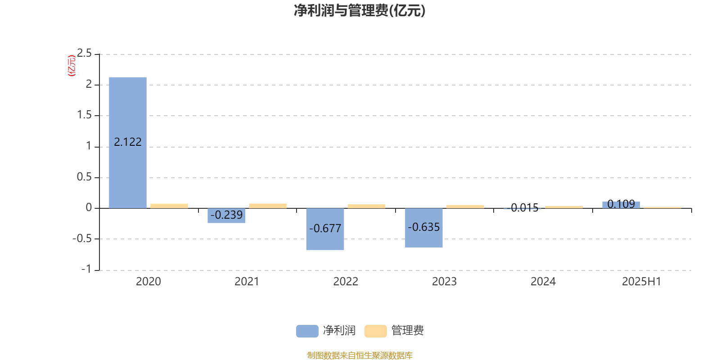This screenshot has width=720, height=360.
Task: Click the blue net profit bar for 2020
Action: [x=128, y=143]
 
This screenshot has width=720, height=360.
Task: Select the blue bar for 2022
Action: [x=325, y=229]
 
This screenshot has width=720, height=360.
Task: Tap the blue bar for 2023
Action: [x=423, y=228]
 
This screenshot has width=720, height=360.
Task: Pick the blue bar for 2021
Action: [x=226, y=216]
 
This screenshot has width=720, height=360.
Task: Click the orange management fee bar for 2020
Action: [x=169, y=206]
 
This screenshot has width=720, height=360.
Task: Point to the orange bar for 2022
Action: [x=366, y=207]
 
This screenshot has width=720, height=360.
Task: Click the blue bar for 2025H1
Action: [x=621, y=205]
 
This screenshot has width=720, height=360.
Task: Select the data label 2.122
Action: [x=128, y=142]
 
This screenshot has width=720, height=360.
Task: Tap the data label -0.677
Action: [x=325, y=229]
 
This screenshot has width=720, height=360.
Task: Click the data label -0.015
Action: [x=522, y=208]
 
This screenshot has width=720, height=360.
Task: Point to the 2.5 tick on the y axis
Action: [x=84, y=54]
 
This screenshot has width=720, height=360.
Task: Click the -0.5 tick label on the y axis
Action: [x=82, y=238]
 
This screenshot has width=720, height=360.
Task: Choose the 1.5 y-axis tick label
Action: [x=84, y=115]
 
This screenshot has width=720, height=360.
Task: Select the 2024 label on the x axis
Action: [x=543, y=282]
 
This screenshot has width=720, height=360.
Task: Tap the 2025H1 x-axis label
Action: [x=642, y=282]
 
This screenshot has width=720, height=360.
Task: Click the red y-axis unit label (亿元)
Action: [x=72, y=66]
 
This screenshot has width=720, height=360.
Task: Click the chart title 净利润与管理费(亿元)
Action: [x=360, y=11]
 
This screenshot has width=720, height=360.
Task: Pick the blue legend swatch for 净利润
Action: [x=307, y=331]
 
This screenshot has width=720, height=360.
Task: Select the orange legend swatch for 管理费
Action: [x=375, y=331]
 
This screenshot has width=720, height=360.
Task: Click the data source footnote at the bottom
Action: [x=360, y=355]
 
